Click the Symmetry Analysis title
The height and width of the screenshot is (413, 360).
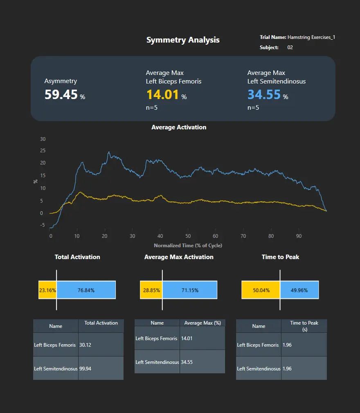pyautogui.click(x=183, y=40)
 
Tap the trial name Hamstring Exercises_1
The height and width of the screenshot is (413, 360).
pyautogui.click(x=311, y=37)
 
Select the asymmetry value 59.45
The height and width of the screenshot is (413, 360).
pyautogui.click(x=61, y=95)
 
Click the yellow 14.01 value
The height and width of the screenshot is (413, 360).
pyautogui.click(x=162, y=95)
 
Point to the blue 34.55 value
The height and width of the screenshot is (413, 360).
pyautogui.click(x=264, y=95)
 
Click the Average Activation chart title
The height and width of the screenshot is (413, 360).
pyautogui.click(x=179, y=127)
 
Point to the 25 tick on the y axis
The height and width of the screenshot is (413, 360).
pyautogui.click(x=43, y=151)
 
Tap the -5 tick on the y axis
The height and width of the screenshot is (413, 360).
pyautogui.click(x=43, y=225)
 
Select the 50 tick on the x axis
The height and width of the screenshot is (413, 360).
pyautogui.click(x=188, y=236)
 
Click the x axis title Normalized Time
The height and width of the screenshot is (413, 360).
pyautogui.click(x=188, y=246)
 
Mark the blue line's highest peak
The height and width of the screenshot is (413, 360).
pyautogui.click(x=108, y=152)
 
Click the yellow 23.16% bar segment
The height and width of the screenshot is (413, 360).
pyautogui.click(x=47, y=290)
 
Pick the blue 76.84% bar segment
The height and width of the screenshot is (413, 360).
pyautogui.click(x=86, y=290)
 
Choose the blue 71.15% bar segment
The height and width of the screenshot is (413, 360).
pyautogui.click(x=189, y=290)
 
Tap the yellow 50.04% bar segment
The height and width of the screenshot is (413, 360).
pyautogui.click(x=261, y=290)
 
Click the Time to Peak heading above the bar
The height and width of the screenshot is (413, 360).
pyautogui.click(x=280, y=257)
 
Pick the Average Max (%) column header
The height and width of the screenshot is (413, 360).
pyautogui.click(x=202, y=323)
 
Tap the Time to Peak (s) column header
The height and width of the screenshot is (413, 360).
pyautogui.click(x=304, y=326)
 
